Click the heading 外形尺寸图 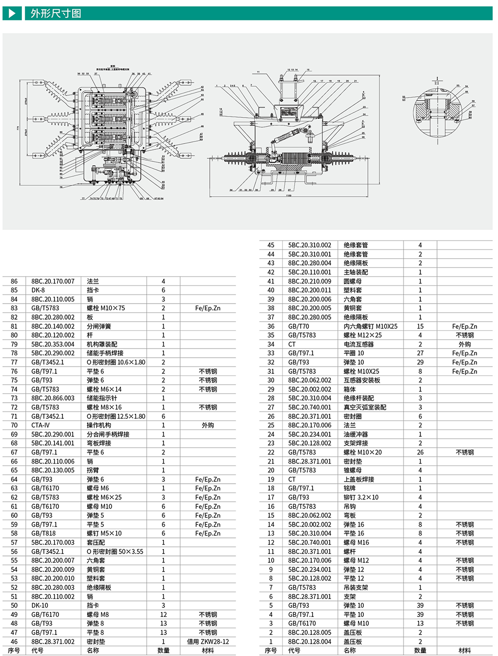click(x=56, y=14)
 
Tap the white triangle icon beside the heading click(x=12, y=13)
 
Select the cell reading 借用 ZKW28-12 click(x=208, y=641)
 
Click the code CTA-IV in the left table click(x=40, y=425)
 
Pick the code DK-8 click(x=38, y=290)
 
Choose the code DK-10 click(x=40, y=605)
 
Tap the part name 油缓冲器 click(x=356, y=434)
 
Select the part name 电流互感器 click(x=359, y=344)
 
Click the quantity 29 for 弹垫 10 click(x=420, y=362)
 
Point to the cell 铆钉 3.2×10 click(x=361, y=497)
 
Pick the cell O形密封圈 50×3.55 click(x=115, y=552)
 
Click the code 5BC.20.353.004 click(x=53, y=344)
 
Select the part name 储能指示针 click(x=102, y=398)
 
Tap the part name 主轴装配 click(x=356, y=272)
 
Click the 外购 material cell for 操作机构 click(x=208, y=425)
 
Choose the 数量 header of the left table click(x=163, y=650)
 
